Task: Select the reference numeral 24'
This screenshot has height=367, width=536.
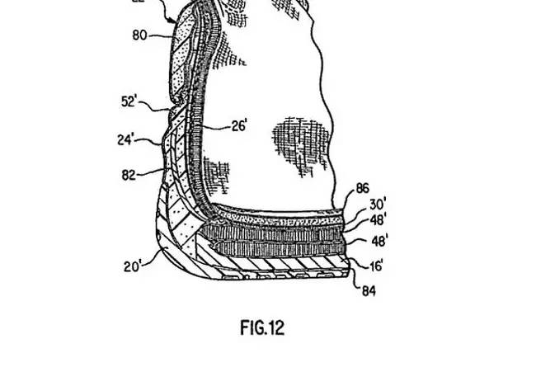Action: click(129, 139)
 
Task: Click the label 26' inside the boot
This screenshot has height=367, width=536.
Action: click(216, 127)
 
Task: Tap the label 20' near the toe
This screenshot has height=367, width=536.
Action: click(134, 266)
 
